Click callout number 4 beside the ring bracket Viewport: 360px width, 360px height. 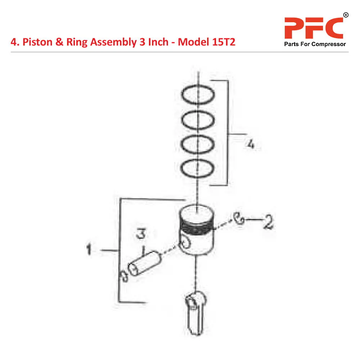coord(251,144)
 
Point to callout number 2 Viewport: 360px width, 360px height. coord(268,221)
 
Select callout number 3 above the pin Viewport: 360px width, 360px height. coord(141,233)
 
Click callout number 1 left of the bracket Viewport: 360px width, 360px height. coord(89,249)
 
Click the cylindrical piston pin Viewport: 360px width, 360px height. coord(145,264)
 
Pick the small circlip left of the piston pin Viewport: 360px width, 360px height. coord(124,275)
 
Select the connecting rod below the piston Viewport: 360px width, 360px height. coord(195,313)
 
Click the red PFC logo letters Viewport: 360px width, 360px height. coord(314,28)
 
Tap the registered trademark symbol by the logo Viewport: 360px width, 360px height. coord(346,15)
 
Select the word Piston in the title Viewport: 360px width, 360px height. coord(37,42)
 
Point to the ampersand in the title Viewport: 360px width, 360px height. coord(59,42)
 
